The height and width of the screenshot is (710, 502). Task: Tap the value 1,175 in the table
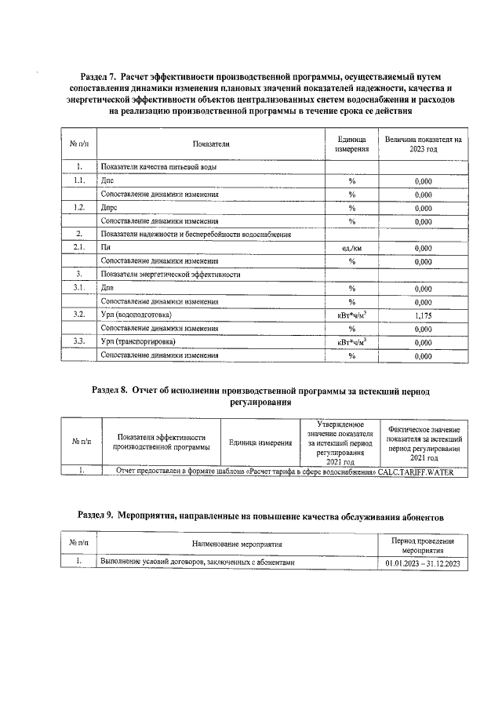(424, 315)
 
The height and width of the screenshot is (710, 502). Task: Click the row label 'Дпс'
(108, 180)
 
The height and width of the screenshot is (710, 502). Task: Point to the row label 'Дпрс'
(111, 208)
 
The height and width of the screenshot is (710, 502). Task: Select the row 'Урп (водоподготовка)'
(136, 315)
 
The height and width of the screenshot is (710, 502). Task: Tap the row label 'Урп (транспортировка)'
(138, 342)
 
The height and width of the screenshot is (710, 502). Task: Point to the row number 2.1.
(79, 248)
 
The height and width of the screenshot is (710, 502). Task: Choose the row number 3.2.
(79, 315)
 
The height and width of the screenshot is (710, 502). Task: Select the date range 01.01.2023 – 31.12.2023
(424, 563)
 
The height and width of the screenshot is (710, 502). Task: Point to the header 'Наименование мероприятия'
(237, 543)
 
